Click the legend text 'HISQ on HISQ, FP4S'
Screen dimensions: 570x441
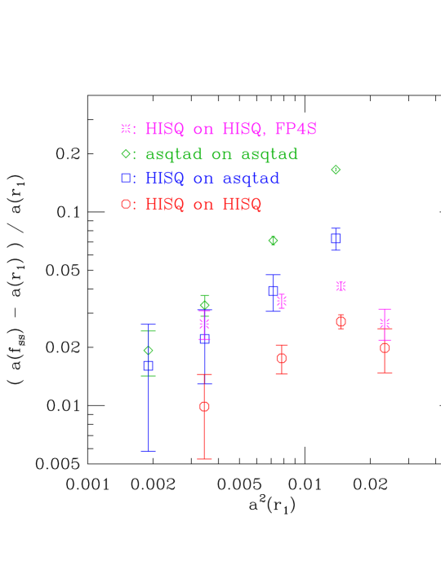coord(230,129)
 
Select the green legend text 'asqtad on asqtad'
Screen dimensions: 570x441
coord(221,154)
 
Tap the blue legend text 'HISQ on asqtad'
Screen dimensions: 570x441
coord(212,179)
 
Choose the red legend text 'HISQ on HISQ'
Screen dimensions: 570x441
coord(203,205)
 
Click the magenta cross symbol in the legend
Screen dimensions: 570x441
coord(126,128)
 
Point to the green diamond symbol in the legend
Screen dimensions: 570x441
coord(126,153)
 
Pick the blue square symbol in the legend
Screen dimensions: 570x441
coord(126,178)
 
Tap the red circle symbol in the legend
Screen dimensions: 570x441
coord(126,204)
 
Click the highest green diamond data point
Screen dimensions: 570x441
coord(336,170)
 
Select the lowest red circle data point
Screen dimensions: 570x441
coord(204,406)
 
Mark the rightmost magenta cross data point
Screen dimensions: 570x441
coord(385,323)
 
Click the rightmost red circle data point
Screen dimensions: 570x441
coord(385,347)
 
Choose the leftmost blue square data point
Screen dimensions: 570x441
coord(149,365)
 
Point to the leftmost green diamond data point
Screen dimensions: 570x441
coord(149,351)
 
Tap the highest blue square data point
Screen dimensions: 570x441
coord(336,238)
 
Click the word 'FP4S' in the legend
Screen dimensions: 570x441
coord(296,129)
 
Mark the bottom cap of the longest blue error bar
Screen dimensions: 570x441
coord(149,450)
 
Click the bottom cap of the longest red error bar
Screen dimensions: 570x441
coord(204,459)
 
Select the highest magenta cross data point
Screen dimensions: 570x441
coord(341,286)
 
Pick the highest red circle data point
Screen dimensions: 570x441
coord(341,321)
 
